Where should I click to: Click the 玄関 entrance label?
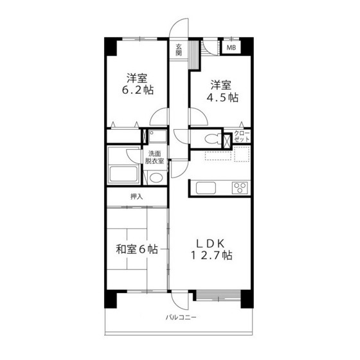click(x=180, y=50)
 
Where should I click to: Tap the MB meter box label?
click(x=230, y=47)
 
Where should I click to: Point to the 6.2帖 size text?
click(x=138, y=91)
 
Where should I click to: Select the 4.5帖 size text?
click(x=222, y=98)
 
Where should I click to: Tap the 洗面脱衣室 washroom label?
click(x=156, y=157)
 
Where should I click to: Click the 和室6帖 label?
click(x=136, y=249)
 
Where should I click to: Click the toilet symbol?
click(x=207, y=138)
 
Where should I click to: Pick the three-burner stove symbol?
click(x=239, y=187)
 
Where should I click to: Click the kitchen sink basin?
click(x=206, y=188)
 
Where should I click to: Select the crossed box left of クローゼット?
click(x=226, y=138)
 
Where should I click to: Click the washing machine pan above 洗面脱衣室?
click(x=156, y=136)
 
